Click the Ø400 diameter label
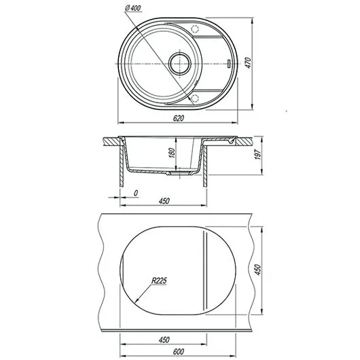[x=133, y=8]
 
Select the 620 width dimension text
[x=179, y=118]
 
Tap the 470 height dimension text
[x=249, y=62]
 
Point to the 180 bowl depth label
[x=172, y=153]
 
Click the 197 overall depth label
[x=258, y=154]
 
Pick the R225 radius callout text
[x=160, y=281]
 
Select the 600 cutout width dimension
[x=179, y=351]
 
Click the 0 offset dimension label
[x=136, y=193]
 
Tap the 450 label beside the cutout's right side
[x=258, y=270]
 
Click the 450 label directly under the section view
[x=164, y=201]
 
